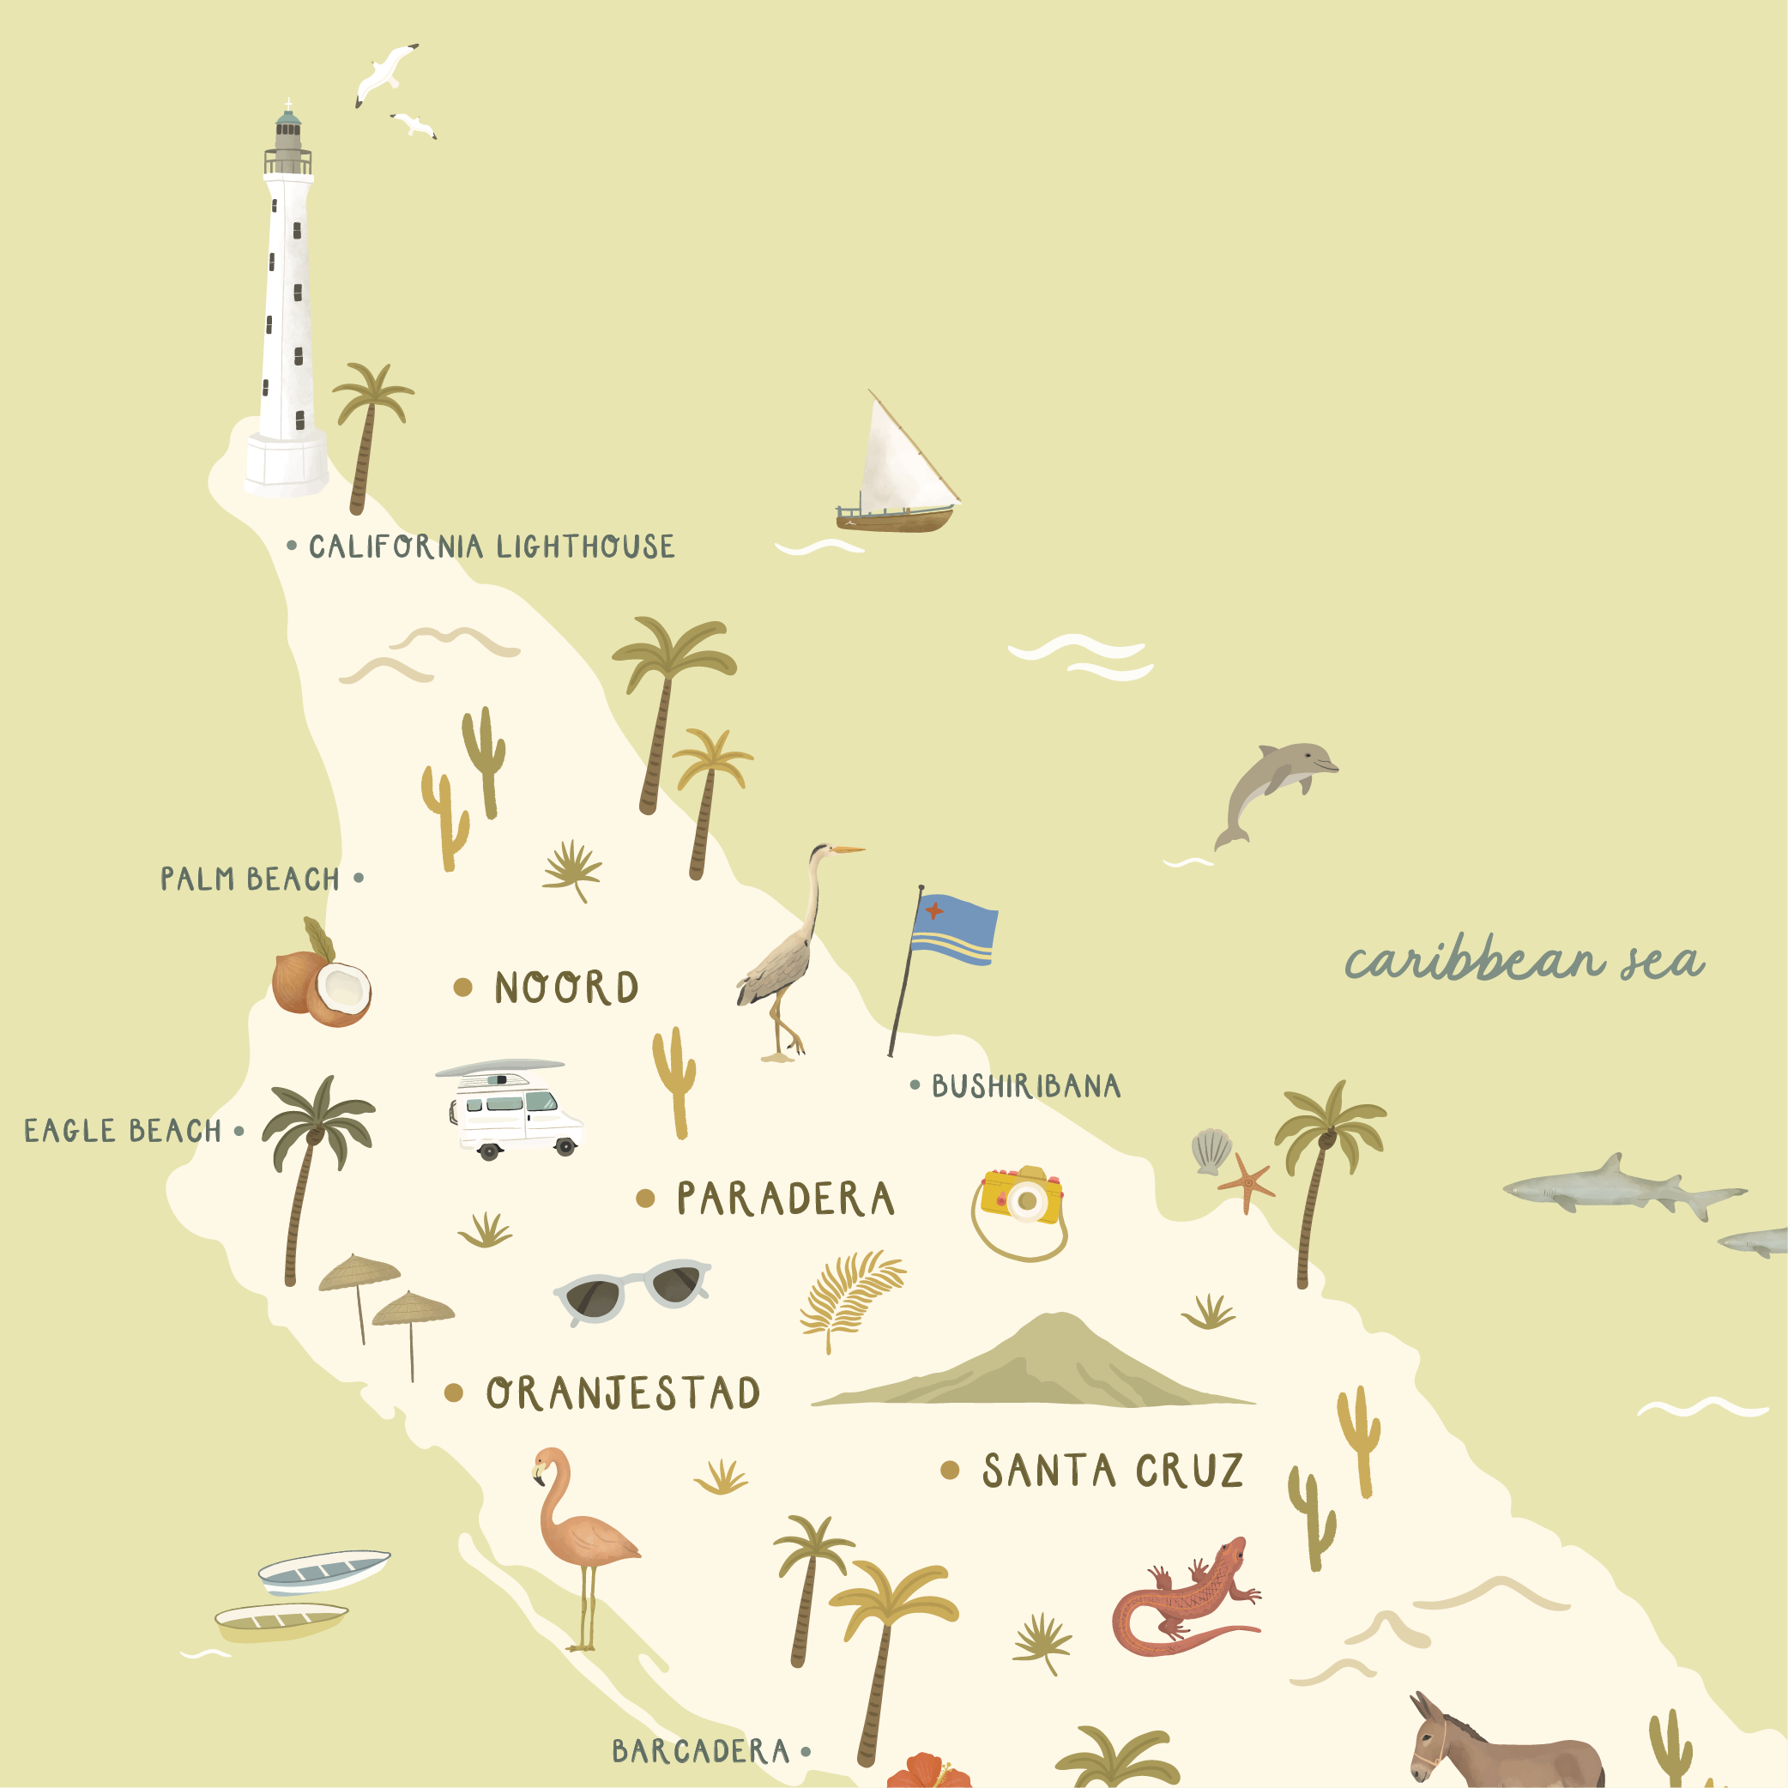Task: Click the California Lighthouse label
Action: (x=491, y=547)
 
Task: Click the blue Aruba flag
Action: (x=953, y=929)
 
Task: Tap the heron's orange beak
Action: (x=848, y=849)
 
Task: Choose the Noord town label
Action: (x=565, y=988)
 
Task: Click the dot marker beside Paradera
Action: (x=645, y=1199)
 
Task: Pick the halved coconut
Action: (x=341, y=992)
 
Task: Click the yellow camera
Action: (x=1022, y=1199)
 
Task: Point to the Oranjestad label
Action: (x=623, y=1392)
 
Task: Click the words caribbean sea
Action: (x=1523, y=963)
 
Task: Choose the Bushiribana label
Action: (x=1025, y=1085)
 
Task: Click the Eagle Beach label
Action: (x=123, y=1131)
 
